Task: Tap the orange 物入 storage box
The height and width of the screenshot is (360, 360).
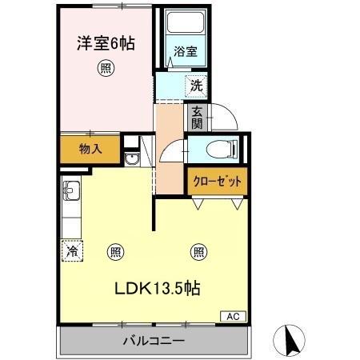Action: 89,149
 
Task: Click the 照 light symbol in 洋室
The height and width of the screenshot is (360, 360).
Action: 105,68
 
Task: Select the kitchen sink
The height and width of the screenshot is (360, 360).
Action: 70,193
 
